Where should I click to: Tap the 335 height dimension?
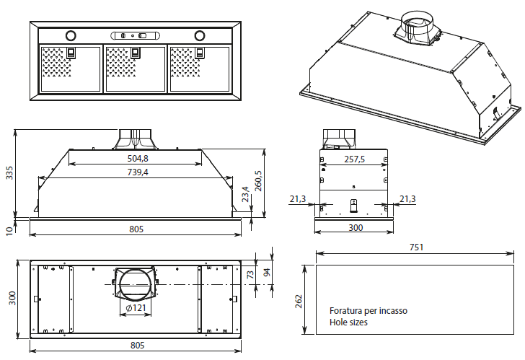coord(10,173)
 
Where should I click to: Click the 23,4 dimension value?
coord(246,194)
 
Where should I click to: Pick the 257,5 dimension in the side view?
coord(355,159)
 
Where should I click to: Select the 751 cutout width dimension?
coord(415,247)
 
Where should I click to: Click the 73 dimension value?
coord(250,274)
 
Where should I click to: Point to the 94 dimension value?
coord(266,272)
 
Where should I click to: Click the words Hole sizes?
coord(348,322)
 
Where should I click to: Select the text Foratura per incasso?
coord(368,311)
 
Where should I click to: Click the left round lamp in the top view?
coord(71,35)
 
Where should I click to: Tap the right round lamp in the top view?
coord(200,35)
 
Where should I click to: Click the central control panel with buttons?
coord(135,35)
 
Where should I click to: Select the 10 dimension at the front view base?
coord(9,230)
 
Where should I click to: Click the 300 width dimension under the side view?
coord(355,228)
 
